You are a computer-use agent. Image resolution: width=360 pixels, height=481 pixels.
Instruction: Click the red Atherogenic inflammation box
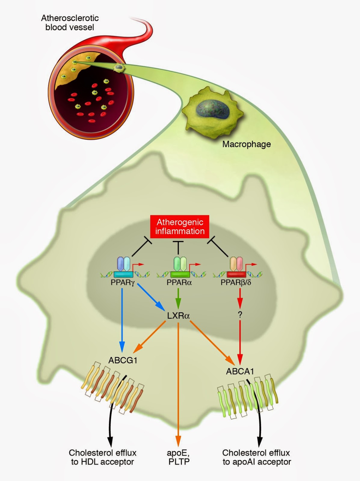180,227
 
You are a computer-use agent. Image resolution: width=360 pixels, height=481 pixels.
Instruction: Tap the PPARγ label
122,283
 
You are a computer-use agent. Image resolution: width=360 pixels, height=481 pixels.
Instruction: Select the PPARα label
179,283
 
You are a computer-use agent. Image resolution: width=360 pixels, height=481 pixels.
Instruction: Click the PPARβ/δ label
236,283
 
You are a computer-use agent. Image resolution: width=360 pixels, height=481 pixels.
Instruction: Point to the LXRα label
178,316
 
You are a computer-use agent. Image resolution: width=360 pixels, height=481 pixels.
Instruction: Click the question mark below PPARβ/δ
240,315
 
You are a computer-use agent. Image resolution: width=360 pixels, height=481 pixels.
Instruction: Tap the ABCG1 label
123,360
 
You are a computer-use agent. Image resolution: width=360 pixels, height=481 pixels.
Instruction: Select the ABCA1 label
240,371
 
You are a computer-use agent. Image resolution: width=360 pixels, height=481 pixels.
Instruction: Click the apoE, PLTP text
179,457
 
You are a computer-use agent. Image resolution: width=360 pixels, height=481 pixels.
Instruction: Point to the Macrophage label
246,144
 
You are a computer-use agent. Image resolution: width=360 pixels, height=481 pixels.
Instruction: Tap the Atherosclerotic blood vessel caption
70,23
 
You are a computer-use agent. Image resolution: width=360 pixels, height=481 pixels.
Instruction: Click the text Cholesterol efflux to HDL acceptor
103,457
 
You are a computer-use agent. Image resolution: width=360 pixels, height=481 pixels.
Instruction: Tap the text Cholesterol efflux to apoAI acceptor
257,457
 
